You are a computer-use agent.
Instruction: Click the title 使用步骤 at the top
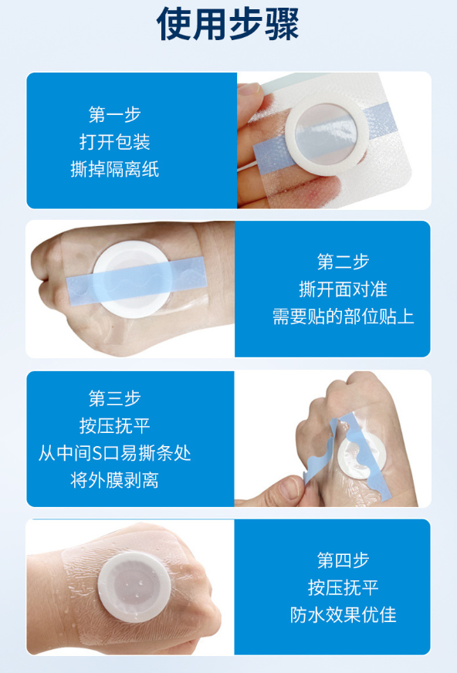coord(228,24)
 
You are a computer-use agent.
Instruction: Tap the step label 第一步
coord(114,114)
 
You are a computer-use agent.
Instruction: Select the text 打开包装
coord(114,142)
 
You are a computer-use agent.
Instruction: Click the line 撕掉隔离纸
coord(114,169)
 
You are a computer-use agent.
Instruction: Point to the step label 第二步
coord(343,262)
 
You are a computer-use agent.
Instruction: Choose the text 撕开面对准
coord(343,289)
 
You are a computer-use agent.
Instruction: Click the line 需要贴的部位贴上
coord(343,316)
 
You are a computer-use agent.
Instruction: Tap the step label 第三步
coord(114,398)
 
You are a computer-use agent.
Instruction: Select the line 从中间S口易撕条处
coord(114,453)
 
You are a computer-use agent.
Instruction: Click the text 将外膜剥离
coord(114,480)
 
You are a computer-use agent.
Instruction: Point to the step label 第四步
coord(343,560)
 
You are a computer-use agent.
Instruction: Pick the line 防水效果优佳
coord(343,615)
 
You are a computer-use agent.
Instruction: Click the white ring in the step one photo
coord(291,134)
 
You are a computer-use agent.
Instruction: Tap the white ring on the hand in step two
coord(100,279)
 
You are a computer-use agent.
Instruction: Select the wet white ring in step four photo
coord(105,588)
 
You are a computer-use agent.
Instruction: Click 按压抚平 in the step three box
coord(114,426)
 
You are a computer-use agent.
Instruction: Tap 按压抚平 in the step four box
coord(343,587)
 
